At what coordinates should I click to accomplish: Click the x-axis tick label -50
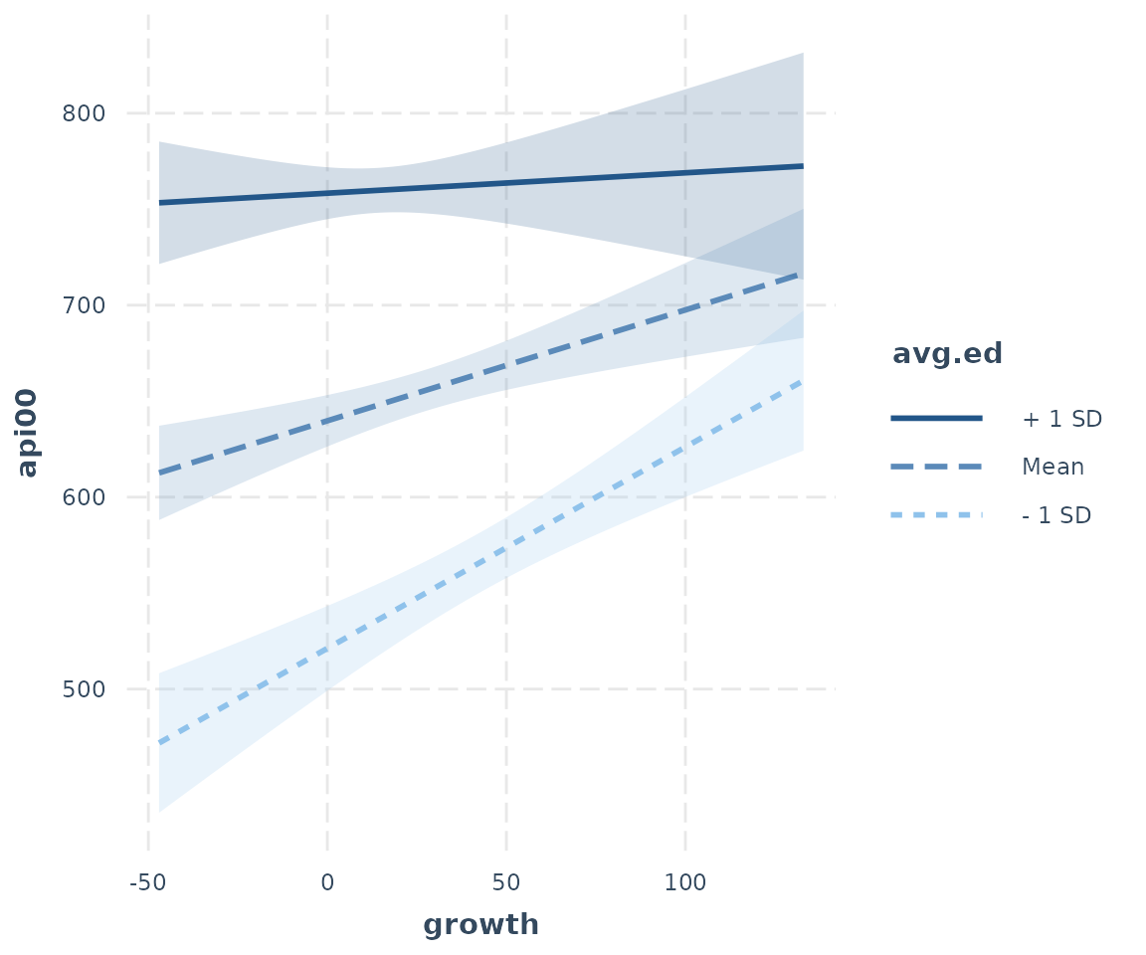tap(147, 882)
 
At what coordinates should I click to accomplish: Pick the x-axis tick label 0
tap(327, 882)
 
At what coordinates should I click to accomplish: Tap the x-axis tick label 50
tap(506, 882)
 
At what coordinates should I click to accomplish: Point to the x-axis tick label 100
tap(685, 882)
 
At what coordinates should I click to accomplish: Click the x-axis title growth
tap(480, 925)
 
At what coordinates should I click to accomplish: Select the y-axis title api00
tap(29, 433)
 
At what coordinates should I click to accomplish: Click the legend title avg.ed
tap(947, 354)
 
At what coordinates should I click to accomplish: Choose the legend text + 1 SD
tap(1061, 419)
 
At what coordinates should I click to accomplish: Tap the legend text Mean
tap(1052, 467)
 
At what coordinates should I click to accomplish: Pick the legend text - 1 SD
tap(1056, 515)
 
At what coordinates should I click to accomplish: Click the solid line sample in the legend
tap(936, 419)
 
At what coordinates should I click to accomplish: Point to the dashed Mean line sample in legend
tap(936, 467)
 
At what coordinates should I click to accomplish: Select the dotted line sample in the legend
tap(936, 515)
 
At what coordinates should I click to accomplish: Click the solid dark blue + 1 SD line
tap(477, 184)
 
